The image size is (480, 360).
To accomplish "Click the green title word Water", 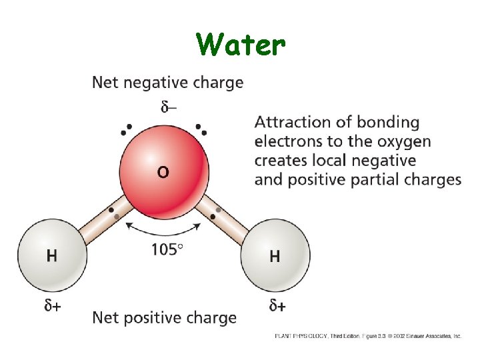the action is tap(241, 45).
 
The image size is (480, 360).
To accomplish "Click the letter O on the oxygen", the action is tap(163, 172).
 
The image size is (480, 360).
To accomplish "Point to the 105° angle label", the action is tap(167, 250).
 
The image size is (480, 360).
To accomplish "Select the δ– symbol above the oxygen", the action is tap(169, 106).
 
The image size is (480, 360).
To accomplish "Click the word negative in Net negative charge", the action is tap(153, 83).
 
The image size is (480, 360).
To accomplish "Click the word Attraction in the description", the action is tap(291, 123).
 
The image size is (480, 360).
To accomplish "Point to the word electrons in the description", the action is tap(287, 141).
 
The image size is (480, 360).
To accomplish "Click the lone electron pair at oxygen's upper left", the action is tap(125, 129).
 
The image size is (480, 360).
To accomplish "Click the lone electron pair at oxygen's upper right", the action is tap(202, 128).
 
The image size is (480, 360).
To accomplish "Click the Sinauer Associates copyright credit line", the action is tap(368, 337).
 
